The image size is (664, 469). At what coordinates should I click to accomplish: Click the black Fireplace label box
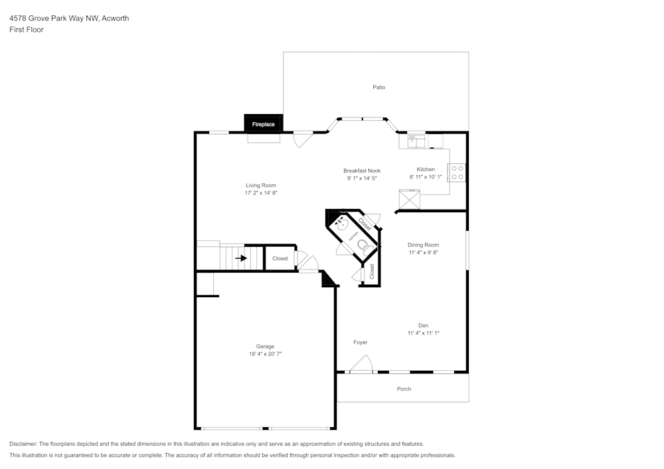pyautogui.click(x=264, y=123)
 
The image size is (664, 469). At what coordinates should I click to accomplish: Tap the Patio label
pyautogui.click(x=378, y=88)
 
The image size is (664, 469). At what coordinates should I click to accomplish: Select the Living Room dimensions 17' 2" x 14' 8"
pyautogui.click(x=260, y=193)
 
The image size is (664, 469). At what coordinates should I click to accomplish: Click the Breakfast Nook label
pyautogui.click(x=362, y=170)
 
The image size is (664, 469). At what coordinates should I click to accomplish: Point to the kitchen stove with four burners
pyautogui.click(x=457, y=172)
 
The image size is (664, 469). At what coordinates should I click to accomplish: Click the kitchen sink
pyautogui.click(x=416, y=140)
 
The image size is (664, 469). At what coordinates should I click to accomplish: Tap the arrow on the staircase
pyautogui.click(x=240, y=258)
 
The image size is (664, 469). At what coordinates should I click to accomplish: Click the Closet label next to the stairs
pyautogui.click(x=280, y=258)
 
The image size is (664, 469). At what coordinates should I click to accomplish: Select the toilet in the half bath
pyautogui.click(x=363, y=245)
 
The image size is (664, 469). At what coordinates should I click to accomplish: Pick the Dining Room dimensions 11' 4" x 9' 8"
pyautogui.click(x=423, y=252)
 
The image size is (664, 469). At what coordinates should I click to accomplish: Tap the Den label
pyautogui.click(x=423, y=325)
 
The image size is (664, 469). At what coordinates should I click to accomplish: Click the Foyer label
pyautogui.click(x=360, y=342)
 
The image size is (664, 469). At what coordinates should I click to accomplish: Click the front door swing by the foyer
pyautogui.click(x=362, y=365)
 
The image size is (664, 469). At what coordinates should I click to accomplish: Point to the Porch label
pyautogui.click(x=404, y=389)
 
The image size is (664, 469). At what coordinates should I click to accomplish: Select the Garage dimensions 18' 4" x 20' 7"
pyautogui.click(x=265, y=354)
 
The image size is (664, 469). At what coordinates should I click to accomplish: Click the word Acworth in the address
pyautogui.click(x=115, y=19)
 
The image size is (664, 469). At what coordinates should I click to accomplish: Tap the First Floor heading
pyautogui.click(x=27, y=30)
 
